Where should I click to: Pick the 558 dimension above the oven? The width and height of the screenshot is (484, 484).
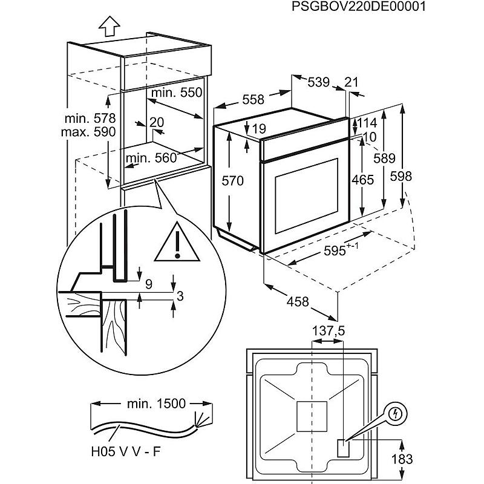click(x=252, y=100)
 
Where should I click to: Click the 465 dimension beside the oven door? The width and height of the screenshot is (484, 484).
click(x=362, y=180)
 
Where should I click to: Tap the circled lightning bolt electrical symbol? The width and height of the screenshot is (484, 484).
click(x=398, y=414)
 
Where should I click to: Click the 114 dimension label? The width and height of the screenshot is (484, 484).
click(x=367, y=123)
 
